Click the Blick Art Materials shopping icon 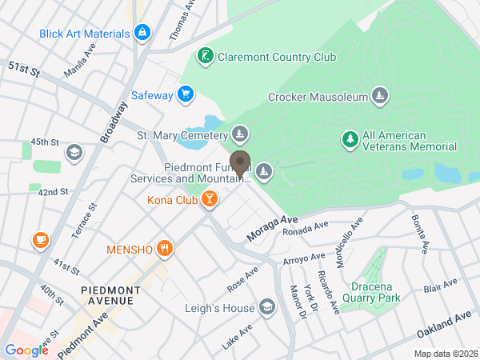(142, 33)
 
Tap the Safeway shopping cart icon (185, 94)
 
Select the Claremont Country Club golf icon (206, 56)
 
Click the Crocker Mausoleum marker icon (380, 98)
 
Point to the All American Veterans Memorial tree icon (350, 140)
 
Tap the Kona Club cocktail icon (208, 198)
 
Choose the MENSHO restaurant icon (165, 248)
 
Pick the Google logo (26, 350)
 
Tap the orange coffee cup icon (39, 238)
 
